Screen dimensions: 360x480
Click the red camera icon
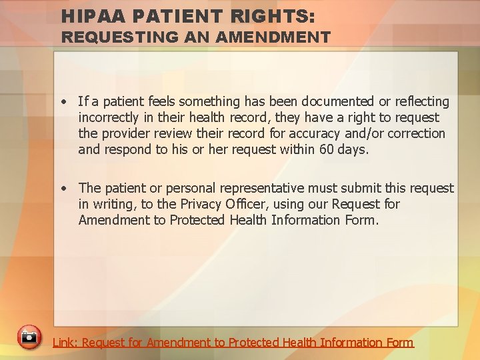click(29, 337)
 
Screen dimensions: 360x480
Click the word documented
click(338, 101)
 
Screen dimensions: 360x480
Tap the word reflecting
click(420, 101)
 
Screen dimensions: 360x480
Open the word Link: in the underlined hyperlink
click(65, 343)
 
